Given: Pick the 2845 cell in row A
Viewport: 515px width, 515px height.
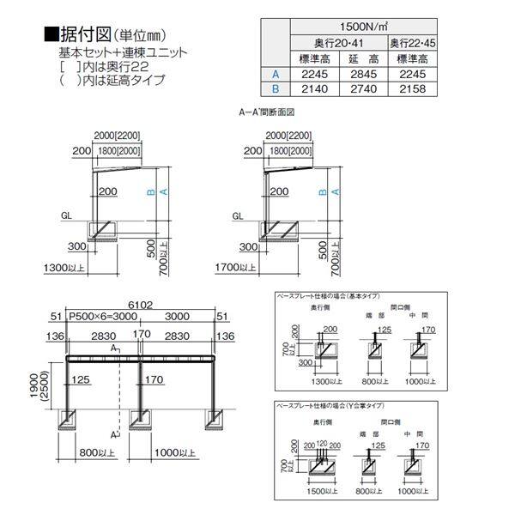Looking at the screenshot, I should tap(363, 73).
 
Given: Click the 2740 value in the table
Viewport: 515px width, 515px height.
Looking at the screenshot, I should tap(363, 88).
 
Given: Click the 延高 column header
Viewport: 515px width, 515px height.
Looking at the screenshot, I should tap(363, 58).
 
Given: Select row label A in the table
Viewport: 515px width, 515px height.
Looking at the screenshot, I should tap(276, 73).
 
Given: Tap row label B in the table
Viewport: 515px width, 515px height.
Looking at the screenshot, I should tap(276, 88).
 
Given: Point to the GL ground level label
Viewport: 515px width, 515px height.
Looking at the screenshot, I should tap(67, 215).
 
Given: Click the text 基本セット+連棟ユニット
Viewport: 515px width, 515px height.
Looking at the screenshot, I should tap(130, 52).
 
